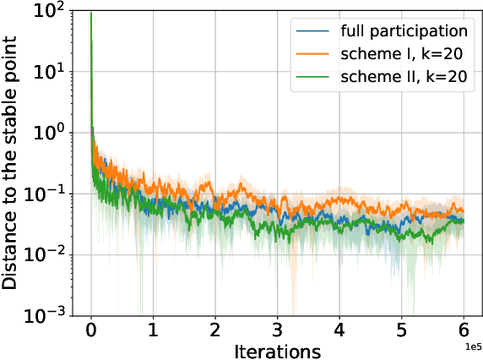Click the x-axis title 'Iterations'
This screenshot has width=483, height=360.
click(x=277, y=349)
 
